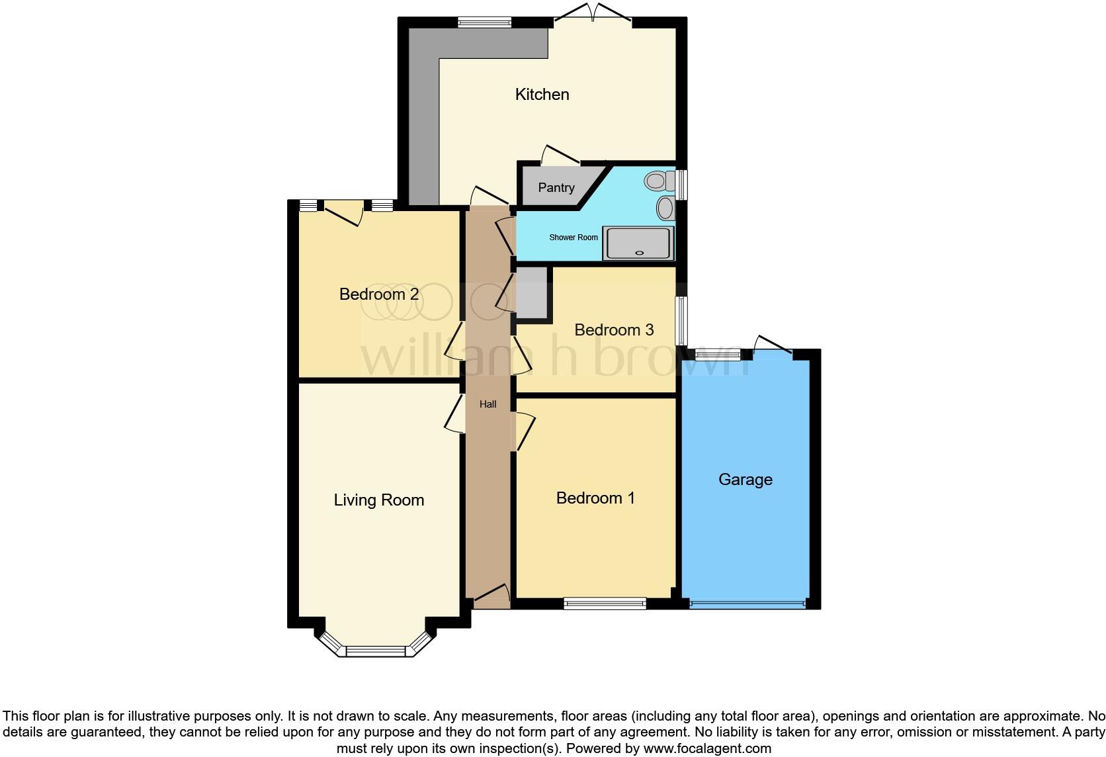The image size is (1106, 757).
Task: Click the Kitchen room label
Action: point(542,95)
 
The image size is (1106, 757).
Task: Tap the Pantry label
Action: point(556,188)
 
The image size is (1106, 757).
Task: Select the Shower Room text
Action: point(574,238)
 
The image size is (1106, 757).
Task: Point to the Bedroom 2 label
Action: point(379,294)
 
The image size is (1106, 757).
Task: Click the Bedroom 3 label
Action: point(614,330)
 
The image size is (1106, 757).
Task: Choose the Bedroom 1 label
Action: point(595,498)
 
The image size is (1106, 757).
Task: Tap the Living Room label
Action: point(379,500)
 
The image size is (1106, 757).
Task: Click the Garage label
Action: point(745,480)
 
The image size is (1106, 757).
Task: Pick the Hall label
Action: point(488,404)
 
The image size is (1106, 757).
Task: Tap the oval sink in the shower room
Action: point(665,208)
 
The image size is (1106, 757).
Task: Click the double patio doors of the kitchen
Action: point(593,15)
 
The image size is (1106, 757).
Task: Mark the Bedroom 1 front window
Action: point(605,603)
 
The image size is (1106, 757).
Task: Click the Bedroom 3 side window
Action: point(681,320)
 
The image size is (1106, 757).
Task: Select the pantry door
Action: point(560,155)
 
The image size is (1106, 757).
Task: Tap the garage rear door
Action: point(773,345)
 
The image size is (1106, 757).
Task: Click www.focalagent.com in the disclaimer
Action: point(706,749)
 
